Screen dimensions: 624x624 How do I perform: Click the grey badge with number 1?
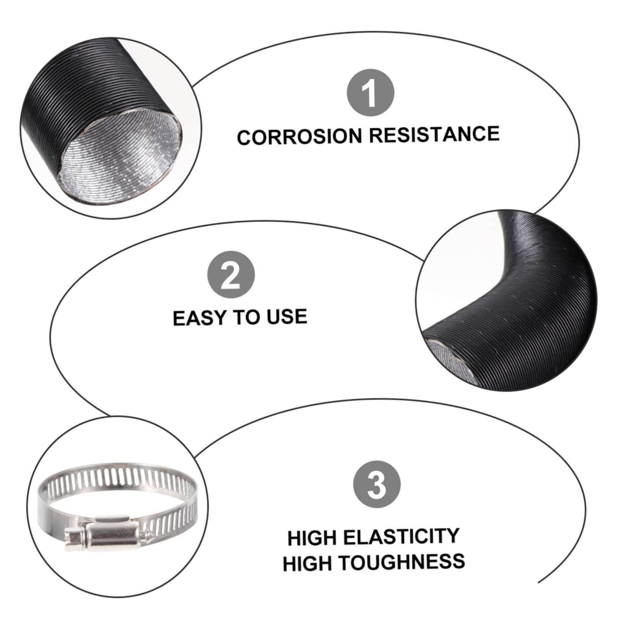(370, 93)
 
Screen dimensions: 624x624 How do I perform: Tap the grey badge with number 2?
(231, 275)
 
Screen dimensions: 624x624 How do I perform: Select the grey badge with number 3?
(377, 484)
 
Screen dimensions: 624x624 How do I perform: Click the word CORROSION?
(299, 136)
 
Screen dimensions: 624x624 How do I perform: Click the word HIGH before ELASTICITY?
(312, 538)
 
